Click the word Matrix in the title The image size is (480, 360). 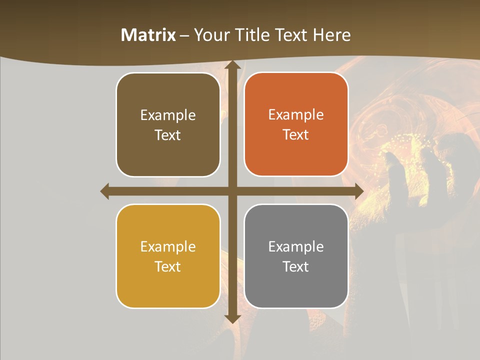[x=148, y=35]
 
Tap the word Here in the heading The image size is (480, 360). [x=332, y=35]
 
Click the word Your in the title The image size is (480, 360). [x=210, y=35]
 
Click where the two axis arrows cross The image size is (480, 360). [x=232, y=191]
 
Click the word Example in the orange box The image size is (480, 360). [x=296, y=115]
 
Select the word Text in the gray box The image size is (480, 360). [x=296, y=266]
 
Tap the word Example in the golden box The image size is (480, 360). [x=168, y=246]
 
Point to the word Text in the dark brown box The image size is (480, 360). [x=168, y=135]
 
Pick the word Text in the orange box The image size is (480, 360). [x=296, y=135]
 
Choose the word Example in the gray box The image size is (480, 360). [x=296, y=246]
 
